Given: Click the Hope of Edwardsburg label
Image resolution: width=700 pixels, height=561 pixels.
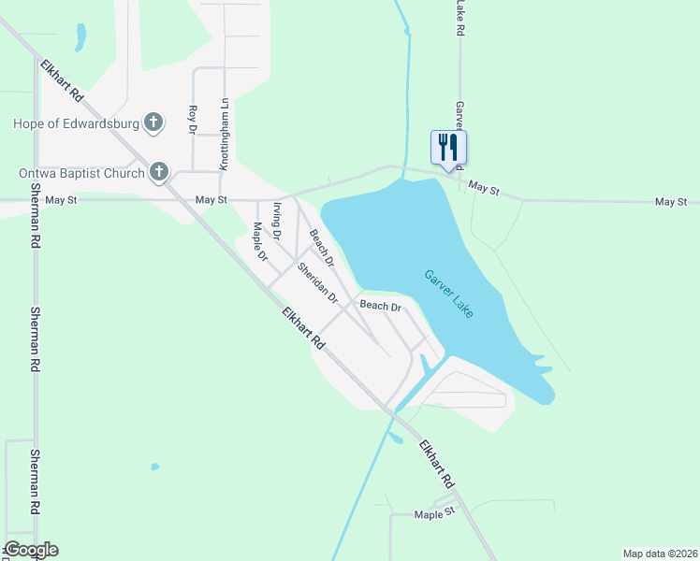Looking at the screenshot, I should click(75, 123).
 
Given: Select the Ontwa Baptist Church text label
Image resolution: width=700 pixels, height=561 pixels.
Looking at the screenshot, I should click(81, 172).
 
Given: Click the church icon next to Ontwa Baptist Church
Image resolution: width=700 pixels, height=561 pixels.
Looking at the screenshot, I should click(160, 171).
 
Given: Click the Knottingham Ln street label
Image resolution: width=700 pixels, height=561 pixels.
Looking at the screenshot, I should click(224, 135).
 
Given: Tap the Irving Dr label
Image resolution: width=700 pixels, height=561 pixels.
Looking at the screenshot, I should click(277, 223).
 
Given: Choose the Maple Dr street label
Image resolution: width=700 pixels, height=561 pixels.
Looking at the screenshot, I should click(259, 240).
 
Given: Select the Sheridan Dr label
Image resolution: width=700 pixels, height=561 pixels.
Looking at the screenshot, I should click(317, 282).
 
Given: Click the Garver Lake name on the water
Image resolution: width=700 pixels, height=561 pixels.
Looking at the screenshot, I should click(449, 294).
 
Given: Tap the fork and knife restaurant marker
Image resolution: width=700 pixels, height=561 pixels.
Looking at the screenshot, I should click(448, 148).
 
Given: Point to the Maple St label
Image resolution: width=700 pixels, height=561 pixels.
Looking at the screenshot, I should click(434, 513).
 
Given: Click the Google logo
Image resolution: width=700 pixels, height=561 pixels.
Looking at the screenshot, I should click(31, 550).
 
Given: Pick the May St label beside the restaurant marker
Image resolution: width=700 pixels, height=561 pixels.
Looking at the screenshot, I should click(484, 189).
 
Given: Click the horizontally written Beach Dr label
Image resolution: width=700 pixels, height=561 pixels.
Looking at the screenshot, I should click(381, 306).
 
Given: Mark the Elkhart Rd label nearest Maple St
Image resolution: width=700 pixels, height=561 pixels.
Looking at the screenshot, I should click(435, 464).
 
